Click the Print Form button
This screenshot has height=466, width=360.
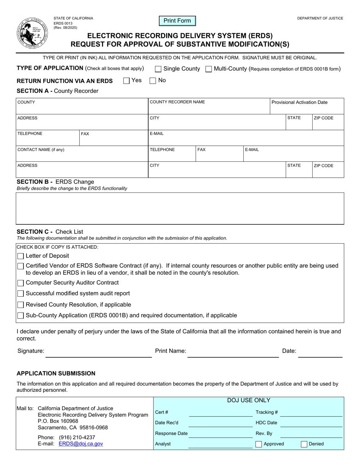point(177,21)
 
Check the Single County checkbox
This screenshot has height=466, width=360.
point(158,69)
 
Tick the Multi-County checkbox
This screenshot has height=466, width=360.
point(208,69)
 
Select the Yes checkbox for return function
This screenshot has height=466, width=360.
point(127,80)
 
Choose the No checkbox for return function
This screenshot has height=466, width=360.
point(153,80)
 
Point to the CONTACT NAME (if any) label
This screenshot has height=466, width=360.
point(41,150)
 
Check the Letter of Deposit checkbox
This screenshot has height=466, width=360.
point(21,256)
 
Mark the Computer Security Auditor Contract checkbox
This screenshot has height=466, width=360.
point(21,283)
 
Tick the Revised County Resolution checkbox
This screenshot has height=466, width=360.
point(21,305)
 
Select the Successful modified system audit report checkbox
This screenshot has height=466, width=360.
point(21,294)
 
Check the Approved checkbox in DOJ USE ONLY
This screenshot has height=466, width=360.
point(258,444)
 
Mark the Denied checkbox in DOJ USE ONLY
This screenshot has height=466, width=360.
point(304,444)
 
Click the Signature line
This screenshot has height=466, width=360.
point(99,353)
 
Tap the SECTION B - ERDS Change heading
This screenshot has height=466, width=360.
point(56,181)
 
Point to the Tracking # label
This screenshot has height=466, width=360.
point(267,412)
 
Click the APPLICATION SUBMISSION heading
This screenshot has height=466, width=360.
point(56,373)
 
